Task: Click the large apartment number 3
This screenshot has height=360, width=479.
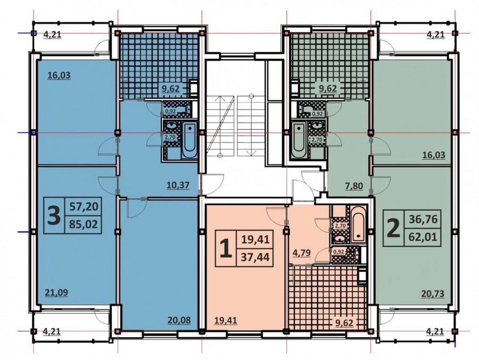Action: pos(54,215)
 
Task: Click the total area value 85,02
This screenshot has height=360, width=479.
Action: pos(84,224)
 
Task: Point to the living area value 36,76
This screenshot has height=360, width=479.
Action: pos(423,219)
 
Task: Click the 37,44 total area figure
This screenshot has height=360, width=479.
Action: pos(255,257)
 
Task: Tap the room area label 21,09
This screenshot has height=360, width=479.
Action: pos(56,293)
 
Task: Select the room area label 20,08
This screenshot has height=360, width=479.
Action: pos(179,320)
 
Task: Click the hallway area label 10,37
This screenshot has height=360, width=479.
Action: pos(178,185)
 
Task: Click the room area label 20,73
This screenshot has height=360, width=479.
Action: pos(433,294)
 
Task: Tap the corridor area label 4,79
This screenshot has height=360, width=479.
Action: pos(302,253)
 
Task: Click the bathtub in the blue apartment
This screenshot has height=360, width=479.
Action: pos(189,140)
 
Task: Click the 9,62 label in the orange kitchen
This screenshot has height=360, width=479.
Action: pos(344,323)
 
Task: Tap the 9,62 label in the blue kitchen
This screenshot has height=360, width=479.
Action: pos(171,89)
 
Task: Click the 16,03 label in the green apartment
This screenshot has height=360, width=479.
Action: pos(434,155)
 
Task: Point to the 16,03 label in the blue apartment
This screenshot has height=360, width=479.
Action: pos(59,76)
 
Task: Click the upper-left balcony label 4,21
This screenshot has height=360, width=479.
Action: pos(53,35)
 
